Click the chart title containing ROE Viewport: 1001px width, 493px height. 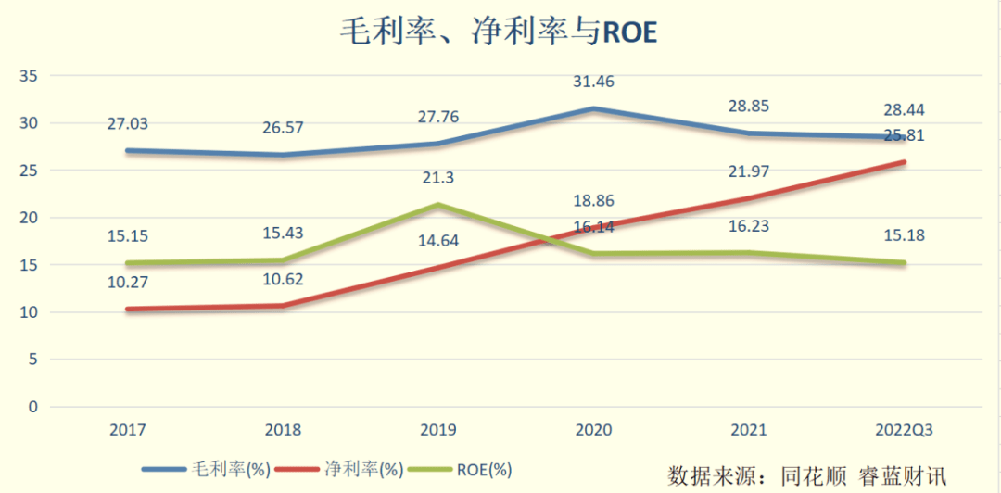500,32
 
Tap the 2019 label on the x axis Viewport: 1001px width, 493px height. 437,430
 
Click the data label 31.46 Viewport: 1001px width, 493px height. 593,82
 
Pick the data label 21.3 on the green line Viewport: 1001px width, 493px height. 438,178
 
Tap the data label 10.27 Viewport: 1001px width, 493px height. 128,282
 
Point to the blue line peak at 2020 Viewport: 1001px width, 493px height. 593,109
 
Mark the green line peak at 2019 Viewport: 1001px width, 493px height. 438,205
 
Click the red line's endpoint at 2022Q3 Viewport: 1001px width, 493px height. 904,162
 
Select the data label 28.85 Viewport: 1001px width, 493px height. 748,107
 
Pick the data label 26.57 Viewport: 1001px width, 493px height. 284,127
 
